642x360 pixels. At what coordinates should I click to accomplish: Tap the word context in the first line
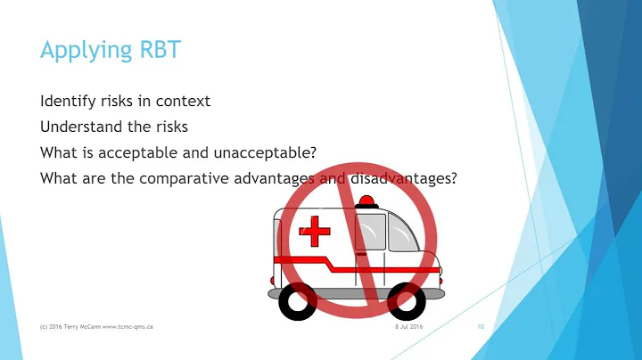pos(185,100)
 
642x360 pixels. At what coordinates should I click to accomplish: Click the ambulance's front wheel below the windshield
pos(407,301)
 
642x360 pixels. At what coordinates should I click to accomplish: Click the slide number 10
pos(480,328)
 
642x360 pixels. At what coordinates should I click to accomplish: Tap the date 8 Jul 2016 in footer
pos(410,328)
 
